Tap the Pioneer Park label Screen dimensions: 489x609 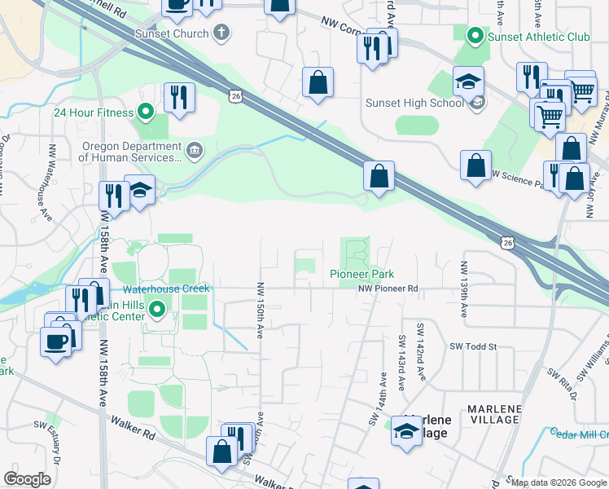[357, 274]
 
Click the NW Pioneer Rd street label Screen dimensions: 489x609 [390, 289]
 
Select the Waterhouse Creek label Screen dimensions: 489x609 [167, 289]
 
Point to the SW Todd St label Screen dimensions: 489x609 [474, 346]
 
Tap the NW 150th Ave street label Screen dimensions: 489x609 [261, 311]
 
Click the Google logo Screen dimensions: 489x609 [27, 479]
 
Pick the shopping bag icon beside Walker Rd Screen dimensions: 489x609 [221, 451]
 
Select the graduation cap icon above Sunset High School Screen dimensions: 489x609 [469, 81]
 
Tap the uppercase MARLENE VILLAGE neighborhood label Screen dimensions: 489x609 [493, 413]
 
